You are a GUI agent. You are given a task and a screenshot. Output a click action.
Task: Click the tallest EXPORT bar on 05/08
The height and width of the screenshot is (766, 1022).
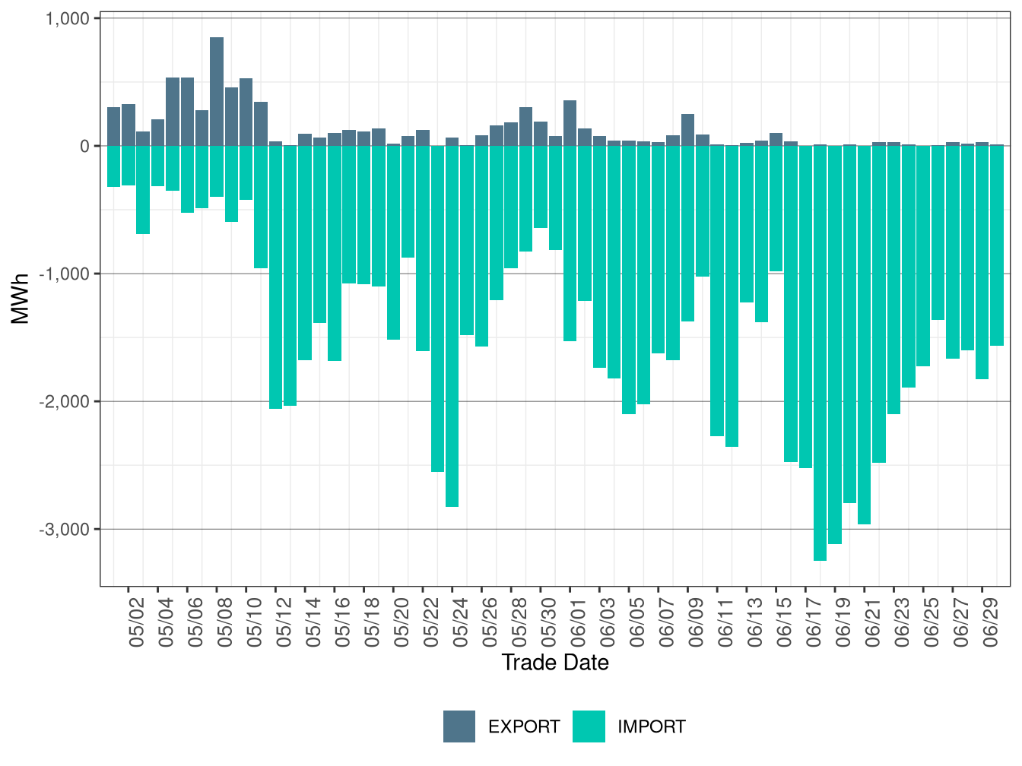(217, 91)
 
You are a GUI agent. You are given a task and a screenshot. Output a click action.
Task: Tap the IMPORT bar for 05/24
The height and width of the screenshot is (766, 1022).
(452, 326)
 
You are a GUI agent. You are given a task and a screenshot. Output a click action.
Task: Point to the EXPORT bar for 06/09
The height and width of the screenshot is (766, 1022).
(687, 130)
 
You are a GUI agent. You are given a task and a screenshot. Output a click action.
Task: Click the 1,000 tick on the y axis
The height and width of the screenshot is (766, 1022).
(68, 18)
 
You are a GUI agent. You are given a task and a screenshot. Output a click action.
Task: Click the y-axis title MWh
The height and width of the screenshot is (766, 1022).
(21, 299)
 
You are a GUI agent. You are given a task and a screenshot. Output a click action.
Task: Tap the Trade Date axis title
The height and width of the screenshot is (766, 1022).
(555, 663)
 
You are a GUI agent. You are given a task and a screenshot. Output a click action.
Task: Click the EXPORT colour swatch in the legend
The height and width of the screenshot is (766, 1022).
(459, 726)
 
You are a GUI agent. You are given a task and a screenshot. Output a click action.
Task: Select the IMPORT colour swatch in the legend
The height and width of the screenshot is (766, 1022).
(589, 726)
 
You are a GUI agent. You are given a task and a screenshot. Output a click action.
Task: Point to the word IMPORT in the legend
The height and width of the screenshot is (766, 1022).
(651, 727)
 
